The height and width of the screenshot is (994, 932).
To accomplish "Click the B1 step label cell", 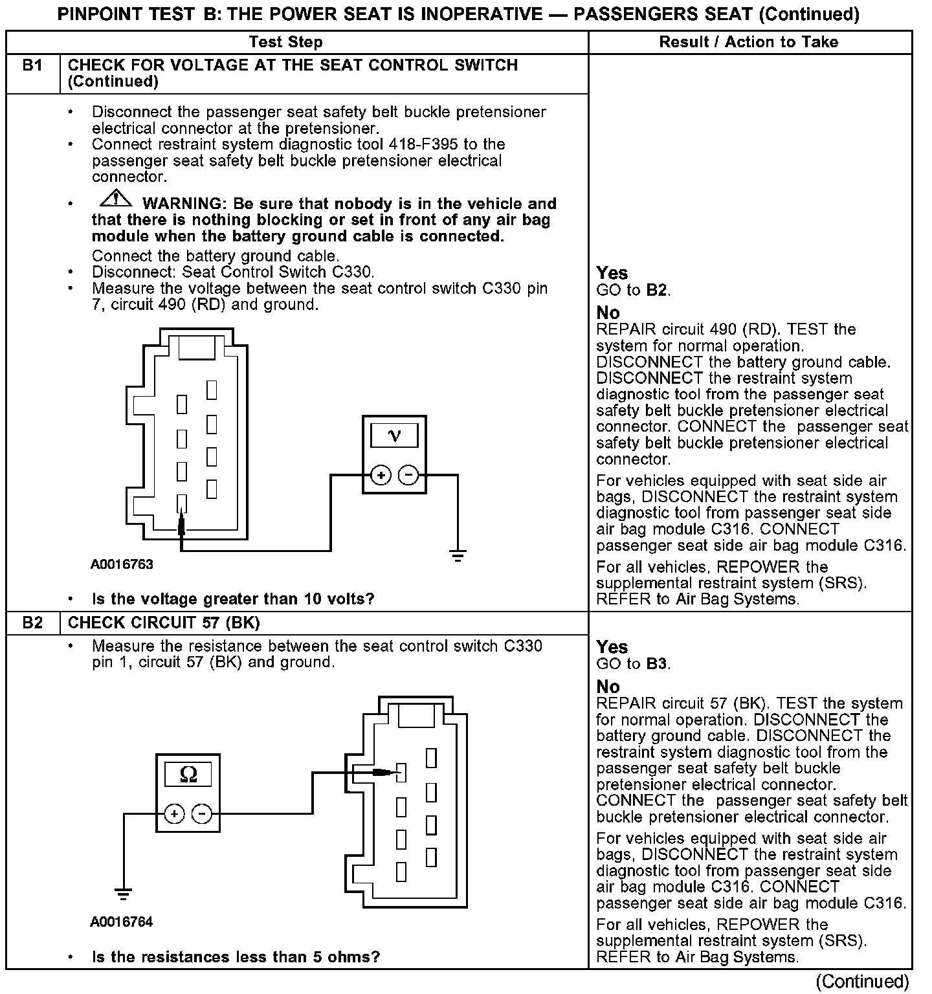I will [32, 66].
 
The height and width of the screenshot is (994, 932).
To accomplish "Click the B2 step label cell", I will [32, 623].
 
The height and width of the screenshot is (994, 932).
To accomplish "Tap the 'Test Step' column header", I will [285, 42].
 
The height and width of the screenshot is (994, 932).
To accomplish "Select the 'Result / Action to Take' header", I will [749, 42].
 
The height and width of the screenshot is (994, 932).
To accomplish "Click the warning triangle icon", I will [115, 199].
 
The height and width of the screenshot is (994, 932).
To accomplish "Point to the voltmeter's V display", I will [394, 436].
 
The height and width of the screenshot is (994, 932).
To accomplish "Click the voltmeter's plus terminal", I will [381, 476].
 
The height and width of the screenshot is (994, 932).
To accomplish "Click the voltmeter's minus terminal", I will [408, 476].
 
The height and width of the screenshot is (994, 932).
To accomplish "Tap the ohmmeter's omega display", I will [188, 774].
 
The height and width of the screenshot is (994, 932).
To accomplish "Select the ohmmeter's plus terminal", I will [174, 813].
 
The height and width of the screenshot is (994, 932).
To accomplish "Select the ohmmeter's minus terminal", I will [202, 813].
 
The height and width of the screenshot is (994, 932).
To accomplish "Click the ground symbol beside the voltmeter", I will [458, 555].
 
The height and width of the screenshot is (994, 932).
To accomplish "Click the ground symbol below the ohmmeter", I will [123, 894].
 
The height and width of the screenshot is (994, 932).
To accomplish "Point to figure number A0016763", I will [122, 564].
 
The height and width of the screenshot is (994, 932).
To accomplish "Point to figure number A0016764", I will [122, 922].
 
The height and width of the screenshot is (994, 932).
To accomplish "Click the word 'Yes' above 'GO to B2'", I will [612, 273].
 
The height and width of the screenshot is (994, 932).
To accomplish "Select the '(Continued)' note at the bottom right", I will [862, 982].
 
